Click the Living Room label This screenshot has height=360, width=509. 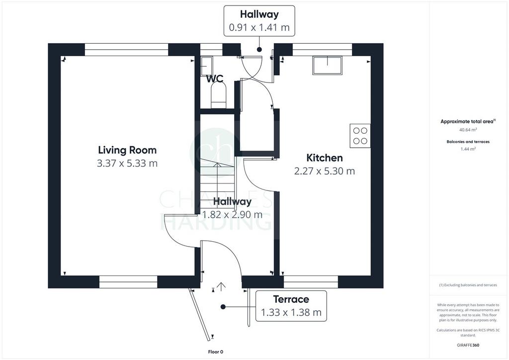(127, 150)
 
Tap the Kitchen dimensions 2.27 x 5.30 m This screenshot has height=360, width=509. (324, 171)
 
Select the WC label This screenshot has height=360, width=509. (215, 79)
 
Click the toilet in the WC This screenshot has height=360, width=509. (218, 94)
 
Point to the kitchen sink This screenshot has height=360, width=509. (327, 65)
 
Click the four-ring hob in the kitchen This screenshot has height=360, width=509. (360, 136)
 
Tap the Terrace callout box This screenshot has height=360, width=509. (291, 306)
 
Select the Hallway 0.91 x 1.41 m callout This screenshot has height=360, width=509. (259, 21)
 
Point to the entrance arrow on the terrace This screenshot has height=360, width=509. (221, 286)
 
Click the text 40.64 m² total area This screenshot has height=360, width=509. (468, 130)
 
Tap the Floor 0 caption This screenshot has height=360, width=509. (216, 352)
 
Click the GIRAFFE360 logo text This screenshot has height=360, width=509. (468, 345)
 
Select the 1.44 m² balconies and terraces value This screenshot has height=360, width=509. (468, 149)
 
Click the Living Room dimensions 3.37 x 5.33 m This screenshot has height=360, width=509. (127, 163)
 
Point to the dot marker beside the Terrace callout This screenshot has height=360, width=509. (223, 307)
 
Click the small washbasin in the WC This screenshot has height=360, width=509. (206, 66)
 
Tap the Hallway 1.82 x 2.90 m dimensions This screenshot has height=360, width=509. (232, 215)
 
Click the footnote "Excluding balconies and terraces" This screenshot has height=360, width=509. (468, 285)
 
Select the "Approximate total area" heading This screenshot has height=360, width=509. (468, 121)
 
